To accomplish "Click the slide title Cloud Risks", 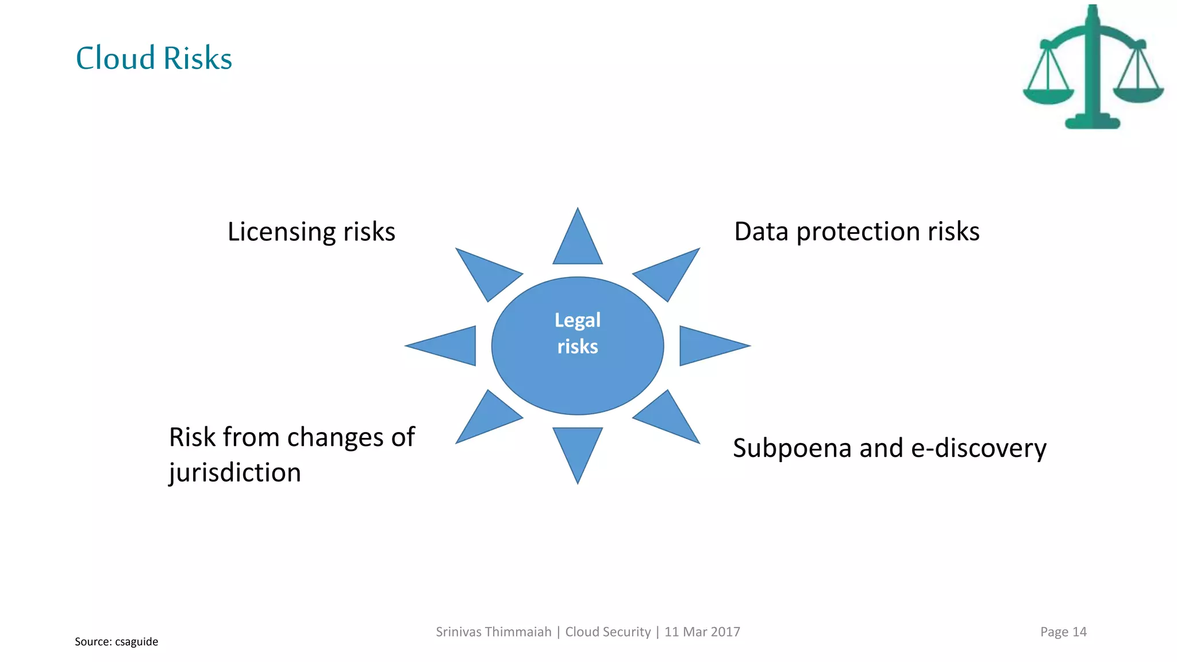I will click(x=154, y=58).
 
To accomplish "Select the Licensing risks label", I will click(x=311, y=232).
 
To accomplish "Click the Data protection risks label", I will click(x=856, y=231).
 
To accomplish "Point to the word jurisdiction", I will click(x=234, y=472).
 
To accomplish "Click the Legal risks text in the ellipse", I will click(x=578, y=333).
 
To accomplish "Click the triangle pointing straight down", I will click(x=578, y=448).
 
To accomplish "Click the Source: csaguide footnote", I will click(x=116, y=641).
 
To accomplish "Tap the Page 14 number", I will click(x=1063, y=632).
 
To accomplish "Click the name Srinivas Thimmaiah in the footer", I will click(x=493, y=632).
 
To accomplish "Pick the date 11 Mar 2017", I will click(x=702, y=632).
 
